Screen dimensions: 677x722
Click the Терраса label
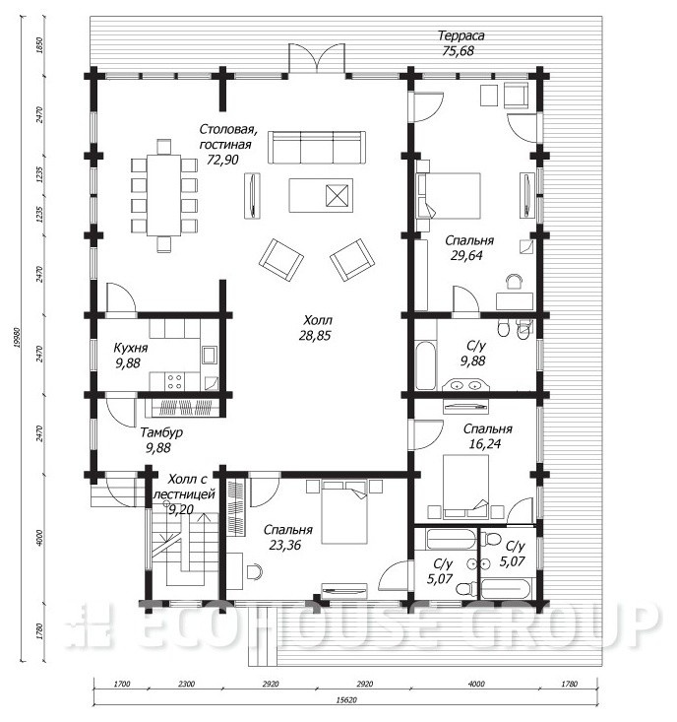(x=461, y=35)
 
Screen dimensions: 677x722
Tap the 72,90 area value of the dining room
(x=222, y=160)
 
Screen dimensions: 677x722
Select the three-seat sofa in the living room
(x=317, y=147)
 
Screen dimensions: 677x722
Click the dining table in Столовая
(x=163, y=195)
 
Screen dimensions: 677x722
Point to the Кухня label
(x=131, y=348)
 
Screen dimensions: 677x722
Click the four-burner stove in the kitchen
(x=175, y=382)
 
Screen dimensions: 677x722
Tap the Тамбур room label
(x=161, y=432)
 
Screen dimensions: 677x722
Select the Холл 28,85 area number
(x=315, y=336)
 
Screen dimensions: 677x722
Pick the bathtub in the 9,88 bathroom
(x=425, y=365)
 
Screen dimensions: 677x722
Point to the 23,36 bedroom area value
(x=285, y=545)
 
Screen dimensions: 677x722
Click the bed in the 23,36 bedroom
(x=344, y=512)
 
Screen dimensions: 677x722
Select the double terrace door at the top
(x=317, y=58)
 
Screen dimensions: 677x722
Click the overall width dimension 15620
(x=346, y=700)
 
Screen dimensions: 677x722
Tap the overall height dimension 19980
(x=17, y=338)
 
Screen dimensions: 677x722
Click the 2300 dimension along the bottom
(x=186, y=685)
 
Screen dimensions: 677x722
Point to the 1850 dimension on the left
(x=39, y=46)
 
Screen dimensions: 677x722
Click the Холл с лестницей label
(x=184, y=487)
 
